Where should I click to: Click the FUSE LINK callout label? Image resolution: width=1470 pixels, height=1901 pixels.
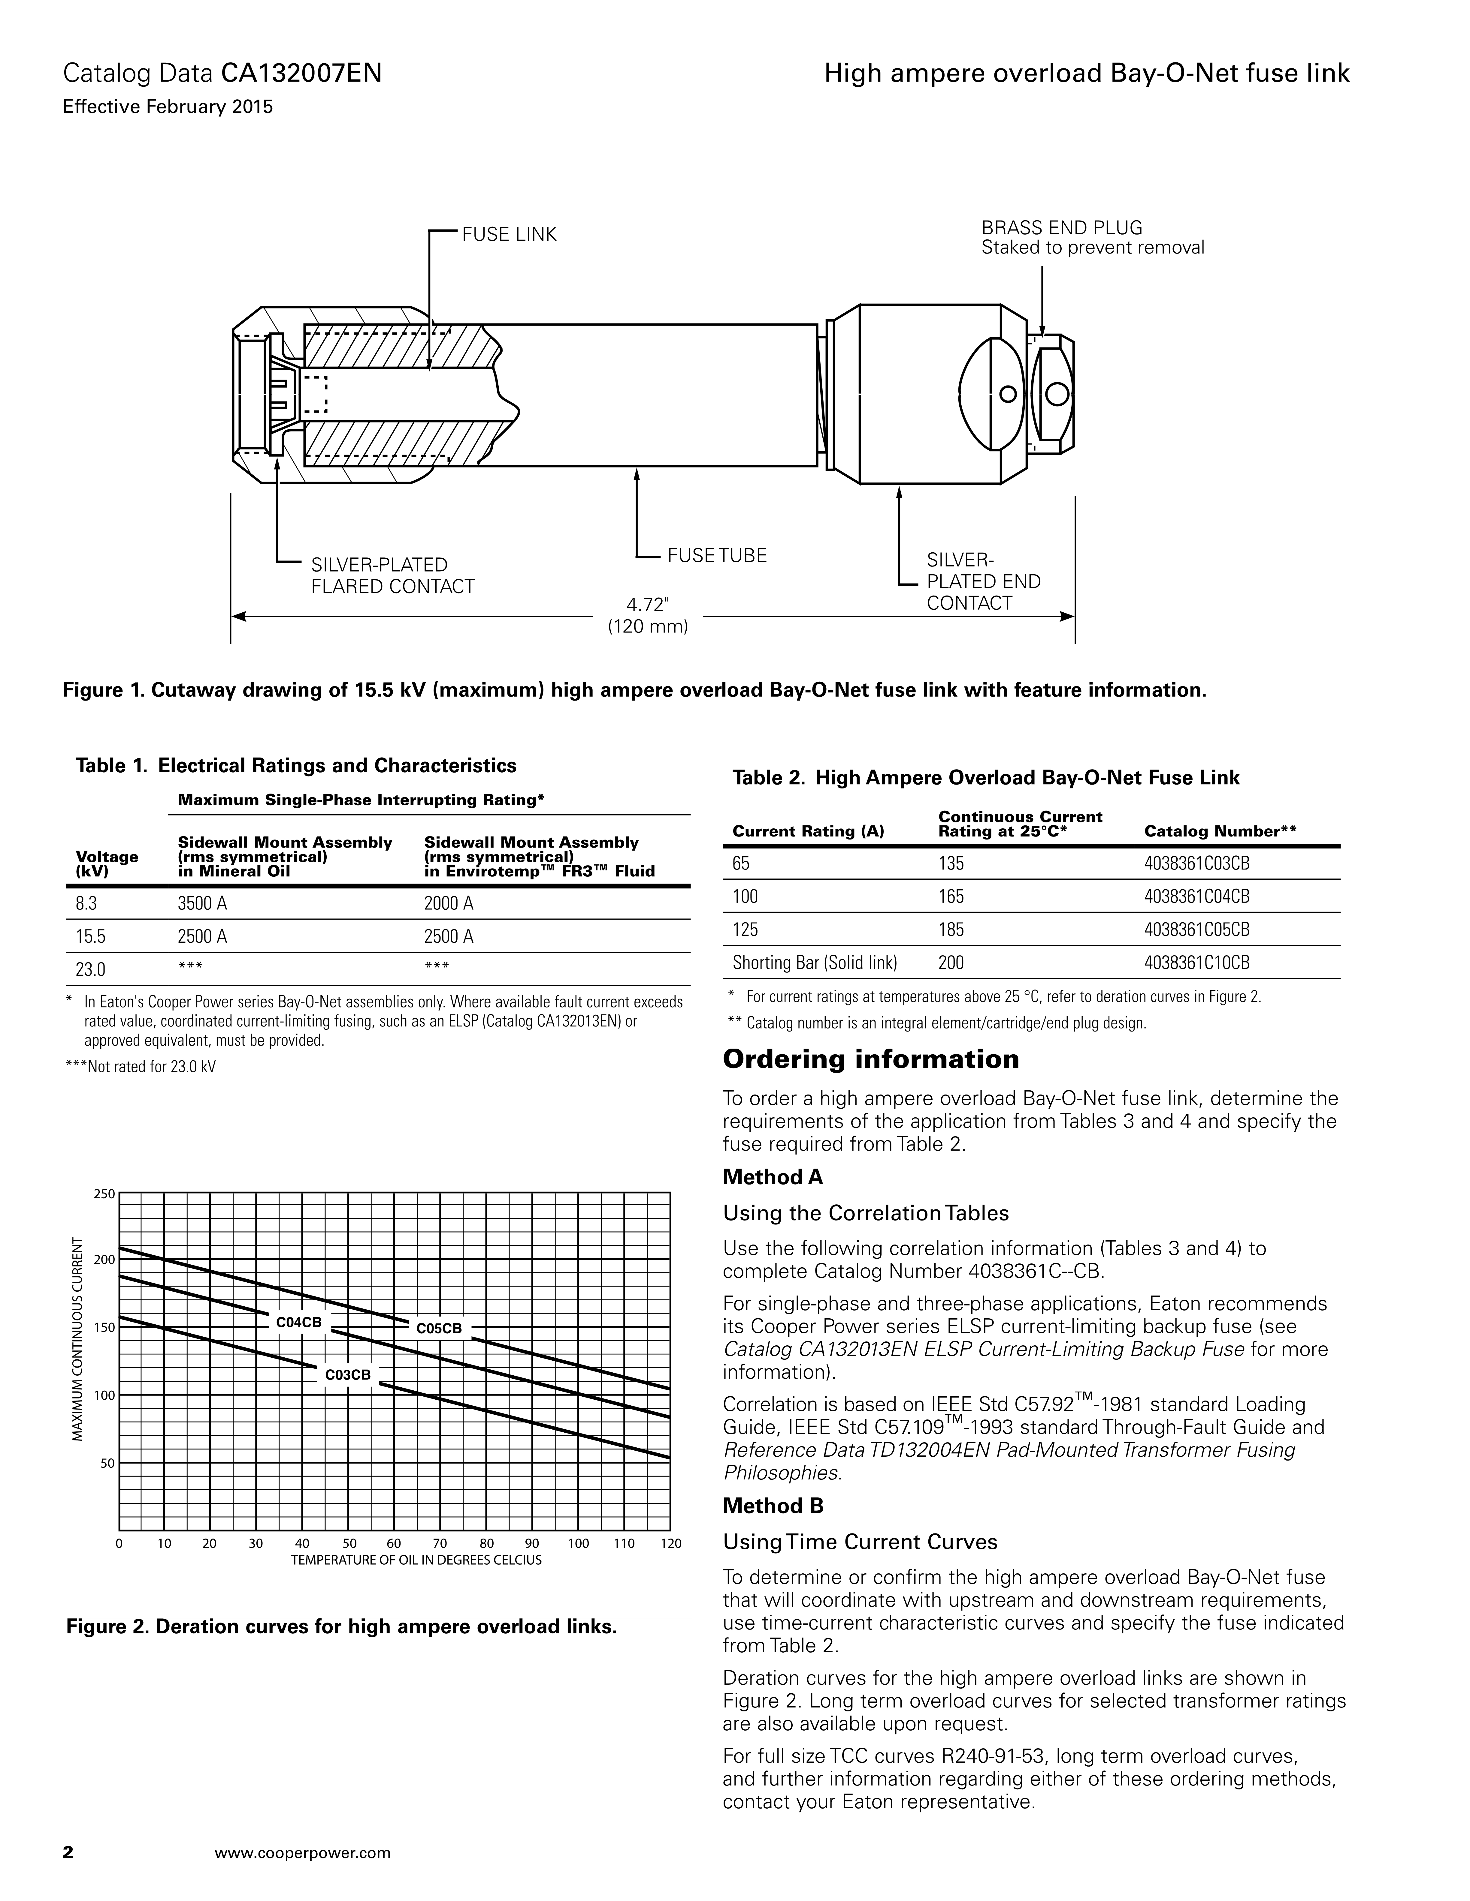point(509,235)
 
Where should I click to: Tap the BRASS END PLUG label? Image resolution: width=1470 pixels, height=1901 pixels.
point(1062,228)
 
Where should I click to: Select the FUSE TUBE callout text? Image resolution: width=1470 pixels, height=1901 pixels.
point(717,555)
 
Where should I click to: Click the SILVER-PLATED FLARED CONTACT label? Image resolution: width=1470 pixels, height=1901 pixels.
point(393,575)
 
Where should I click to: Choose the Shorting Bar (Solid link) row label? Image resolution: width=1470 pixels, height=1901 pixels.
point(814,963)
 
